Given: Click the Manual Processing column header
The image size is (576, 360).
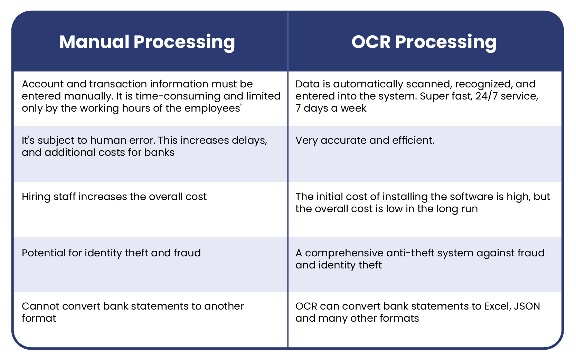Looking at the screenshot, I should [147, 42].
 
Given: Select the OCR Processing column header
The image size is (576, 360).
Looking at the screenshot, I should [424, 42].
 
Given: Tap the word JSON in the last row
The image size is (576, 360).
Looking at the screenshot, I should [527, 306].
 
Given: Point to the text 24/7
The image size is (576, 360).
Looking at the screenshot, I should [487, 96].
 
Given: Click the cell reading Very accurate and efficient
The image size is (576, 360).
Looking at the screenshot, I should [365, 140].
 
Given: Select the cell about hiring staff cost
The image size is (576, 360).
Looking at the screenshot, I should [114, 197].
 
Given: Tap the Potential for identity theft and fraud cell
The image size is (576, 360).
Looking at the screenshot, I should [111, 253].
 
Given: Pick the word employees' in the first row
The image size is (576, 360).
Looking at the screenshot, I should [213, 108].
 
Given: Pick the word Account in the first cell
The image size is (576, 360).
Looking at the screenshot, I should [43, 84].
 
